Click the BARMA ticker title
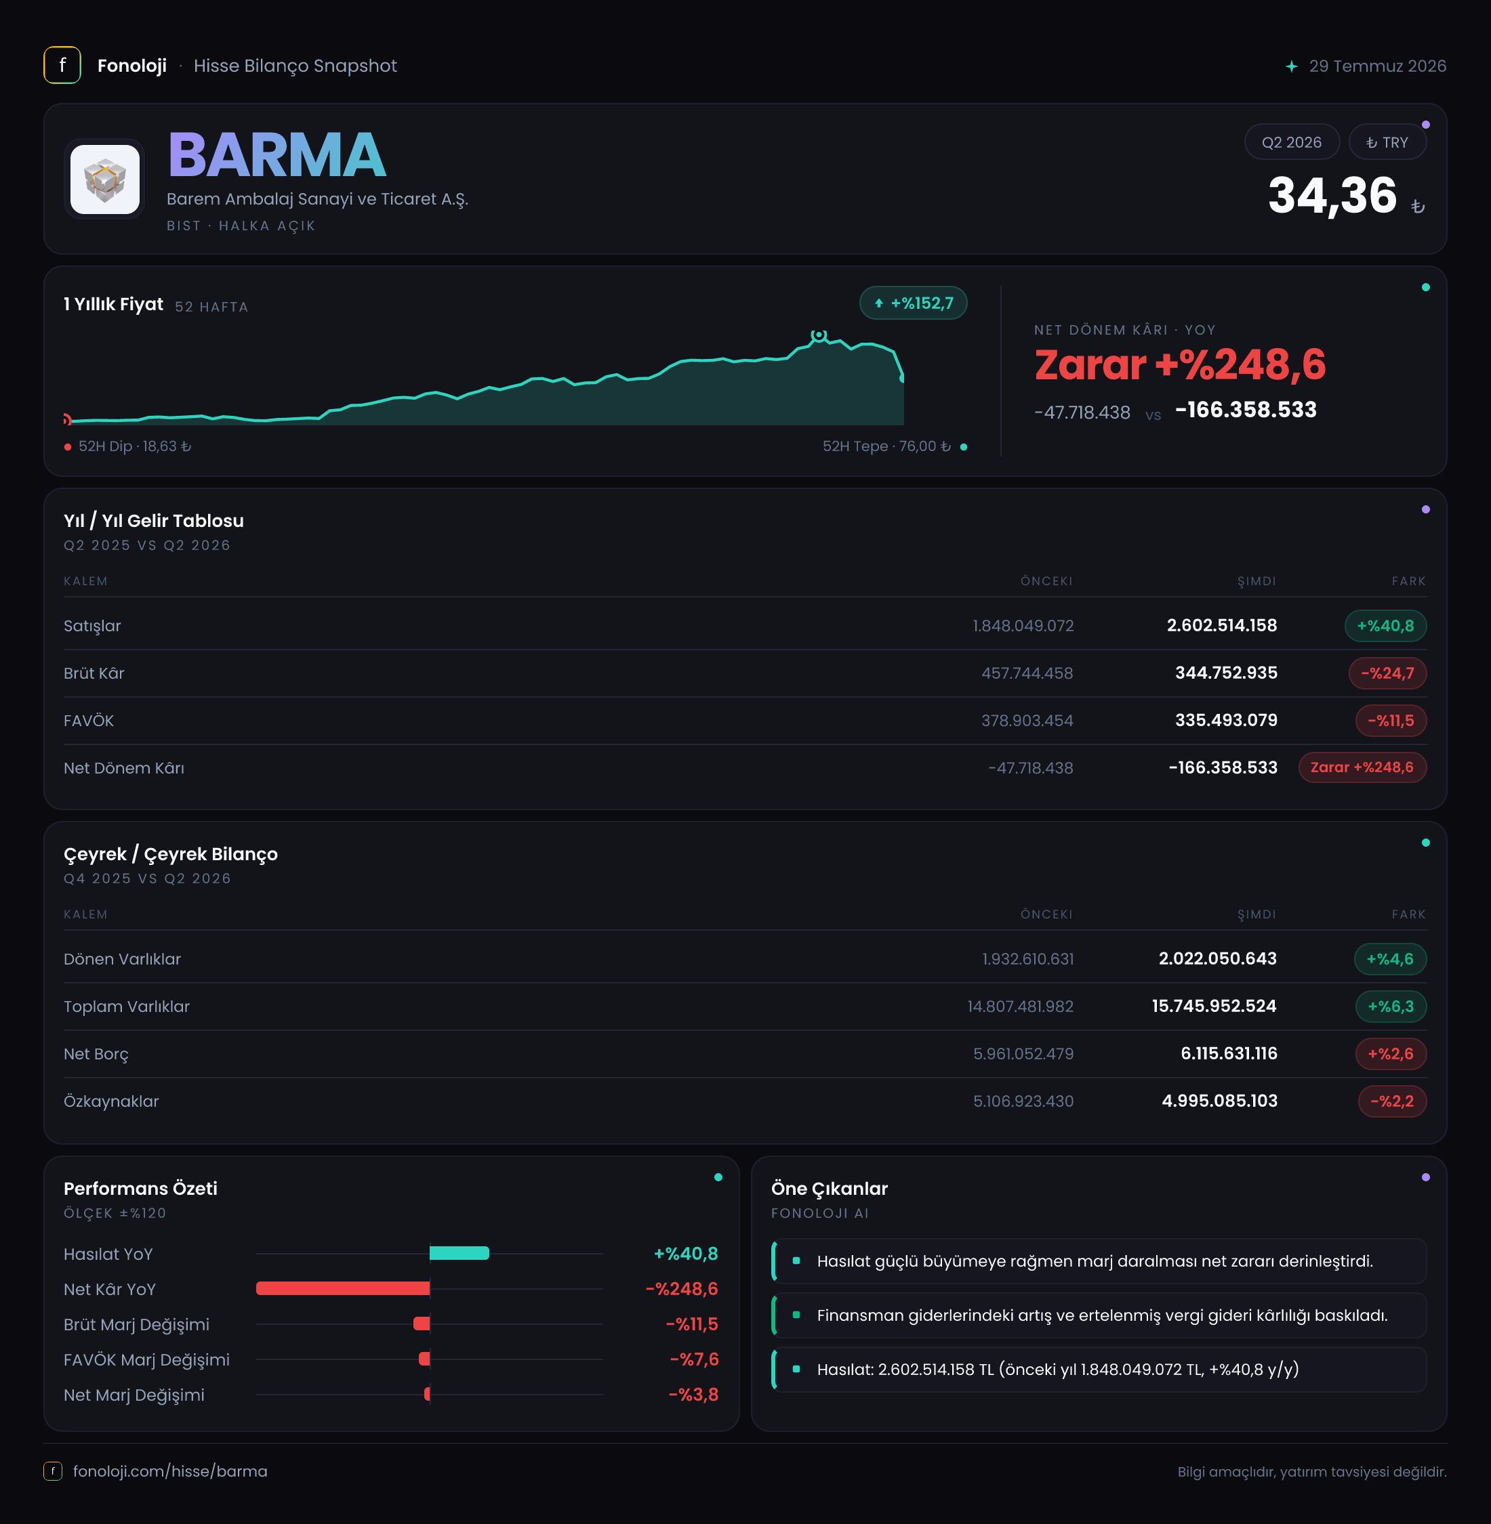(x=277, y=155)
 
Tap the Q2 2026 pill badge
(x=1291, y=142)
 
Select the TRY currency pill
(x=1387, y=142)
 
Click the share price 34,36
(x=1332, y=195)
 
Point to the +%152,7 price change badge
(x=913, y=303)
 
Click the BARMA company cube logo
(x=105, y=179)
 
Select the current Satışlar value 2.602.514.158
(x=1222, y=625)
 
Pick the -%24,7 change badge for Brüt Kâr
(x=1387, y=673)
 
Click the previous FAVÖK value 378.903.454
(x=1027, y=721)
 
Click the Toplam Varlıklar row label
(x=127, y=1007)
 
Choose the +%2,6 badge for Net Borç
(x=1390, y=1053)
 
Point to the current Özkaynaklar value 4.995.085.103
(x=1219, y=1101)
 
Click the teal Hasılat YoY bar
(x=459, y=1253)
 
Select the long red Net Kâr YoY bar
(x=343, y=1288)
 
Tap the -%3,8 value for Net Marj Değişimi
(x=693, y=1395)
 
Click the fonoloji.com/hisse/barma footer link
(x=170, y=1472)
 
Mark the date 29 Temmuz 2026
(x=1377, y=66)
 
